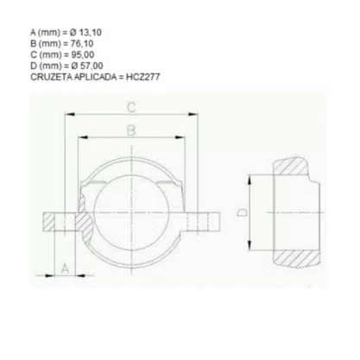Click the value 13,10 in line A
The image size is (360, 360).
pyautogui.click(x=90, y=33)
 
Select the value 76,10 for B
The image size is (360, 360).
pyautogui.click(x=82, y=44)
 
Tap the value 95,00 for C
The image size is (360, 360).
pyautogui.click(x=83, y=54)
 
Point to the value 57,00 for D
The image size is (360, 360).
pyautogui.click(x=92, y=66)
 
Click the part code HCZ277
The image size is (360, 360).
pyautogui.click(x=142, y=77)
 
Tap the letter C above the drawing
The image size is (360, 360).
pyautogui.click(x=131, y=108)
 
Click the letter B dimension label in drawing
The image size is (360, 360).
pyautogui.click(x=131, y=130)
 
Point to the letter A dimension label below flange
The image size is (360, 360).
pyautogui.click(x=66, y=268)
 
